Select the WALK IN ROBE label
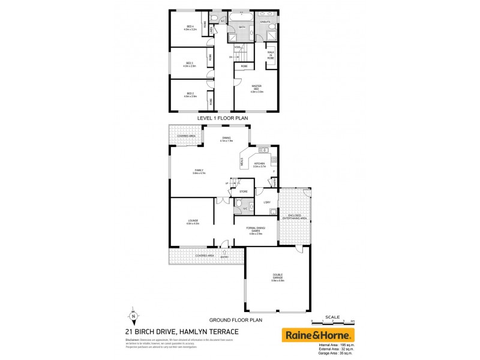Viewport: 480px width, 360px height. point(271,54)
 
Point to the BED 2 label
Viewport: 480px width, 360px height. point(190,94)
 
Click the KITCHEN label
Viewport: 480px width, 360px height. point(259,164)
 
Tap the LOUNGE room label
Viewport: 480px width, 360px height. point(193,222)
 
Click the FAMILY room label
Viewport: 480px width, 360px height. point(199,171)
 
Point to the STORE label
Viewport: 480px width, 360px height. point(244,191)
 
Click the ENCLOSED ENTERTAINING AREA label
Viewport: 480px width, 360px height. point(298,216)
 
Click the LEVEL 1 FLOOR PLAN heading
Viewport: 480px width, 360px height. point(223,119)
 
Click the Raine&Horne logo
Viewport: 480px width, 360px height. point(318,334)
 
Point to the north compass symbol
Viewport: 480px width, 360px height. point(133,315)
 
